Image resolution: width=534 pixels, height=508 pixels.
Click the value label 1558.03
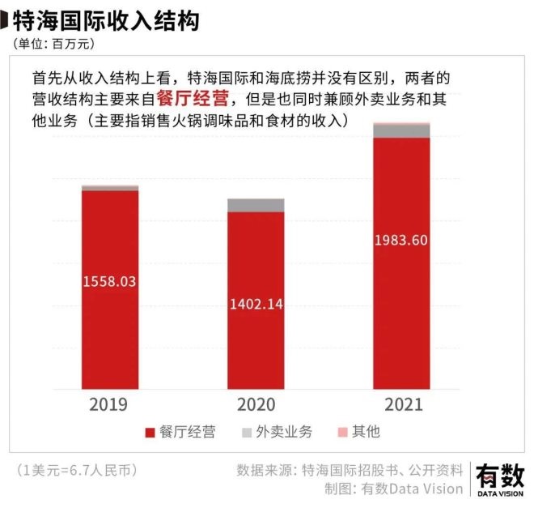(x=109, y=281)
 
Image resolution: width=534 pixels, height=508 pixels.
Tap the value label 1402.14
(x=255, y=305)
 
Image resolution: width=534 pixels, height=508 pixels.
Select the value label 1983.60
(x=401, y=240)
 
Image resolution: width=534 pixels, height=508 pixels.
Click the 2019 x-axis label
(x=109, y=403)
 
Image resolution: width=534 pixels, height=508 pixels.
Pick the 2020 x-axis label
(x=255, y=403)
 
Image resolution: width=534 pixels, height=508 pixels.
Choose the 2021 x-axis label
(x=401, y=403)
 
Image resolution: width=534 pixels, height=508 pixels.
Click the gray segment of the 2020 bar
(x=256, y=205)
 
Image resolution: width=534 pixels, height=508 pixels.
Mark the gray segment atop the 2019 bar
(x=110, y=188)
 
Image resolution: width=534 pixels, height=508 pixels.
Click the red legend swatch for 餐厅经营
(x=150, y=433)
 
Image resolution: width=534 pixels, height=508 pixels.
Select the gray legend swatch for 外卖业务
(x=247, y=433)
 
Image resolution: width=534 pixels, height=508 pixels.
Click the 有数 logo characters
(x=500, y=474)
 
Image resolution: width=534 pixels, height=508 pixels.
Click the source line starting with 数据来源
(x=350, y=470)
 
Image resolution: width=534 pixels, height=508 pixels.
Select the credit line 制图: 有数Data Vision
(x=394, y=489)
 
